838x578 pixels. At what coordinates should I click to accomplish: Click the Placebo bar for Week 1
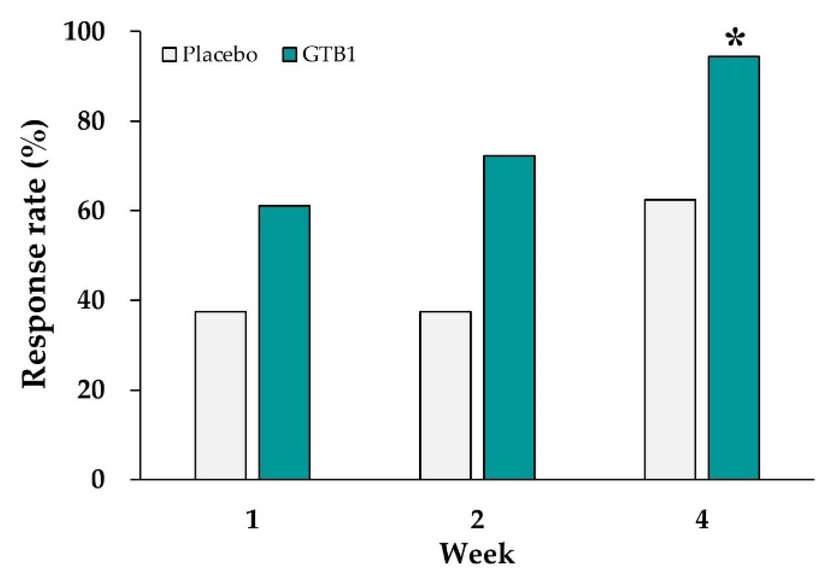pyautogui.click(x=221, y=395)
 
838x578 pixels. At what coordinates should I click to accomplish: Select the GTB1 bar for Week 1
pyautogui.click(x=284, y=342)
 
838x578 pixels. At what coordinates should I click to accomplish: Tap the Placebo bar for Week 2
pyautogui.click(x=445, y=395)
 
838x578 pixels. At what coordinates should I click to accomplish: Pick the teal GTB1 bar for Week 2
pyautogui.click(x=509, y=317)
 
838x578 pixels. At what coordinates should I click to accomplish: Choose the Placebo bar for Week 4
pyautogui.click(x=670, y=339)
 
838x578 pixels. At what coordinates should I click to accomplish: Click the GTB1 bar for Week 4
pyautogui.click(x=734, y=268)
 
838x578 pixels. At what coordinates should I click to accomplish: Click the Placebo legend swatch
pyautogui.click(x=169, y=55)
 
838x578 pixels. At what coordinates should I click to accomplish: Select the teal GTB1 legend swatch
pyautogui.click(x=289, y=55)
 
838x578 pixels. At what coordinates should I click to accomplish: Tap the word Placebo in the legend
pyautogui.click(x=220, y=55)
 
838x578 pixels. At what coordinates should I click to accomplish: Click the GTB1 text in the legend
pyautogui.click(x=329, y=55)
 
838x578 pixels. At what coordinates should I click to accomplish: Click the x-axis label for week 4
pyautogui.click(x=702, y=521)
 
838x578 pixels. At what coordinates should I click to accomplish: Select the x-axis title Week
pyautogui.click(x=477, y=554)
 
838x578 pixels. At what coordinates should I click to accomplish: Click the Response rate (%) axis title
pyautogui.click(x=34, y=254)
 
